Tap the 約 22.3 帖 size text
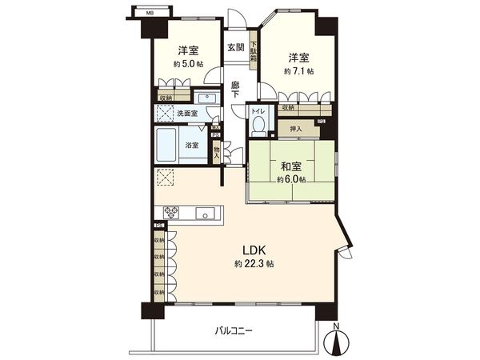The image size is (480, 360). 251,265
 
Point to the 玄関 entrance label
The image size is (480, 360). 234,46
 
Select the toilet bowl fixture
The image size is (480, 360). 258,126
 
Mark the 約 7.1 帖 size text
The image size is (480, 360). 298,71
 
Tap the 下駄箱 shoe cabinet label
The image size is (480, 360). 254,54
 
